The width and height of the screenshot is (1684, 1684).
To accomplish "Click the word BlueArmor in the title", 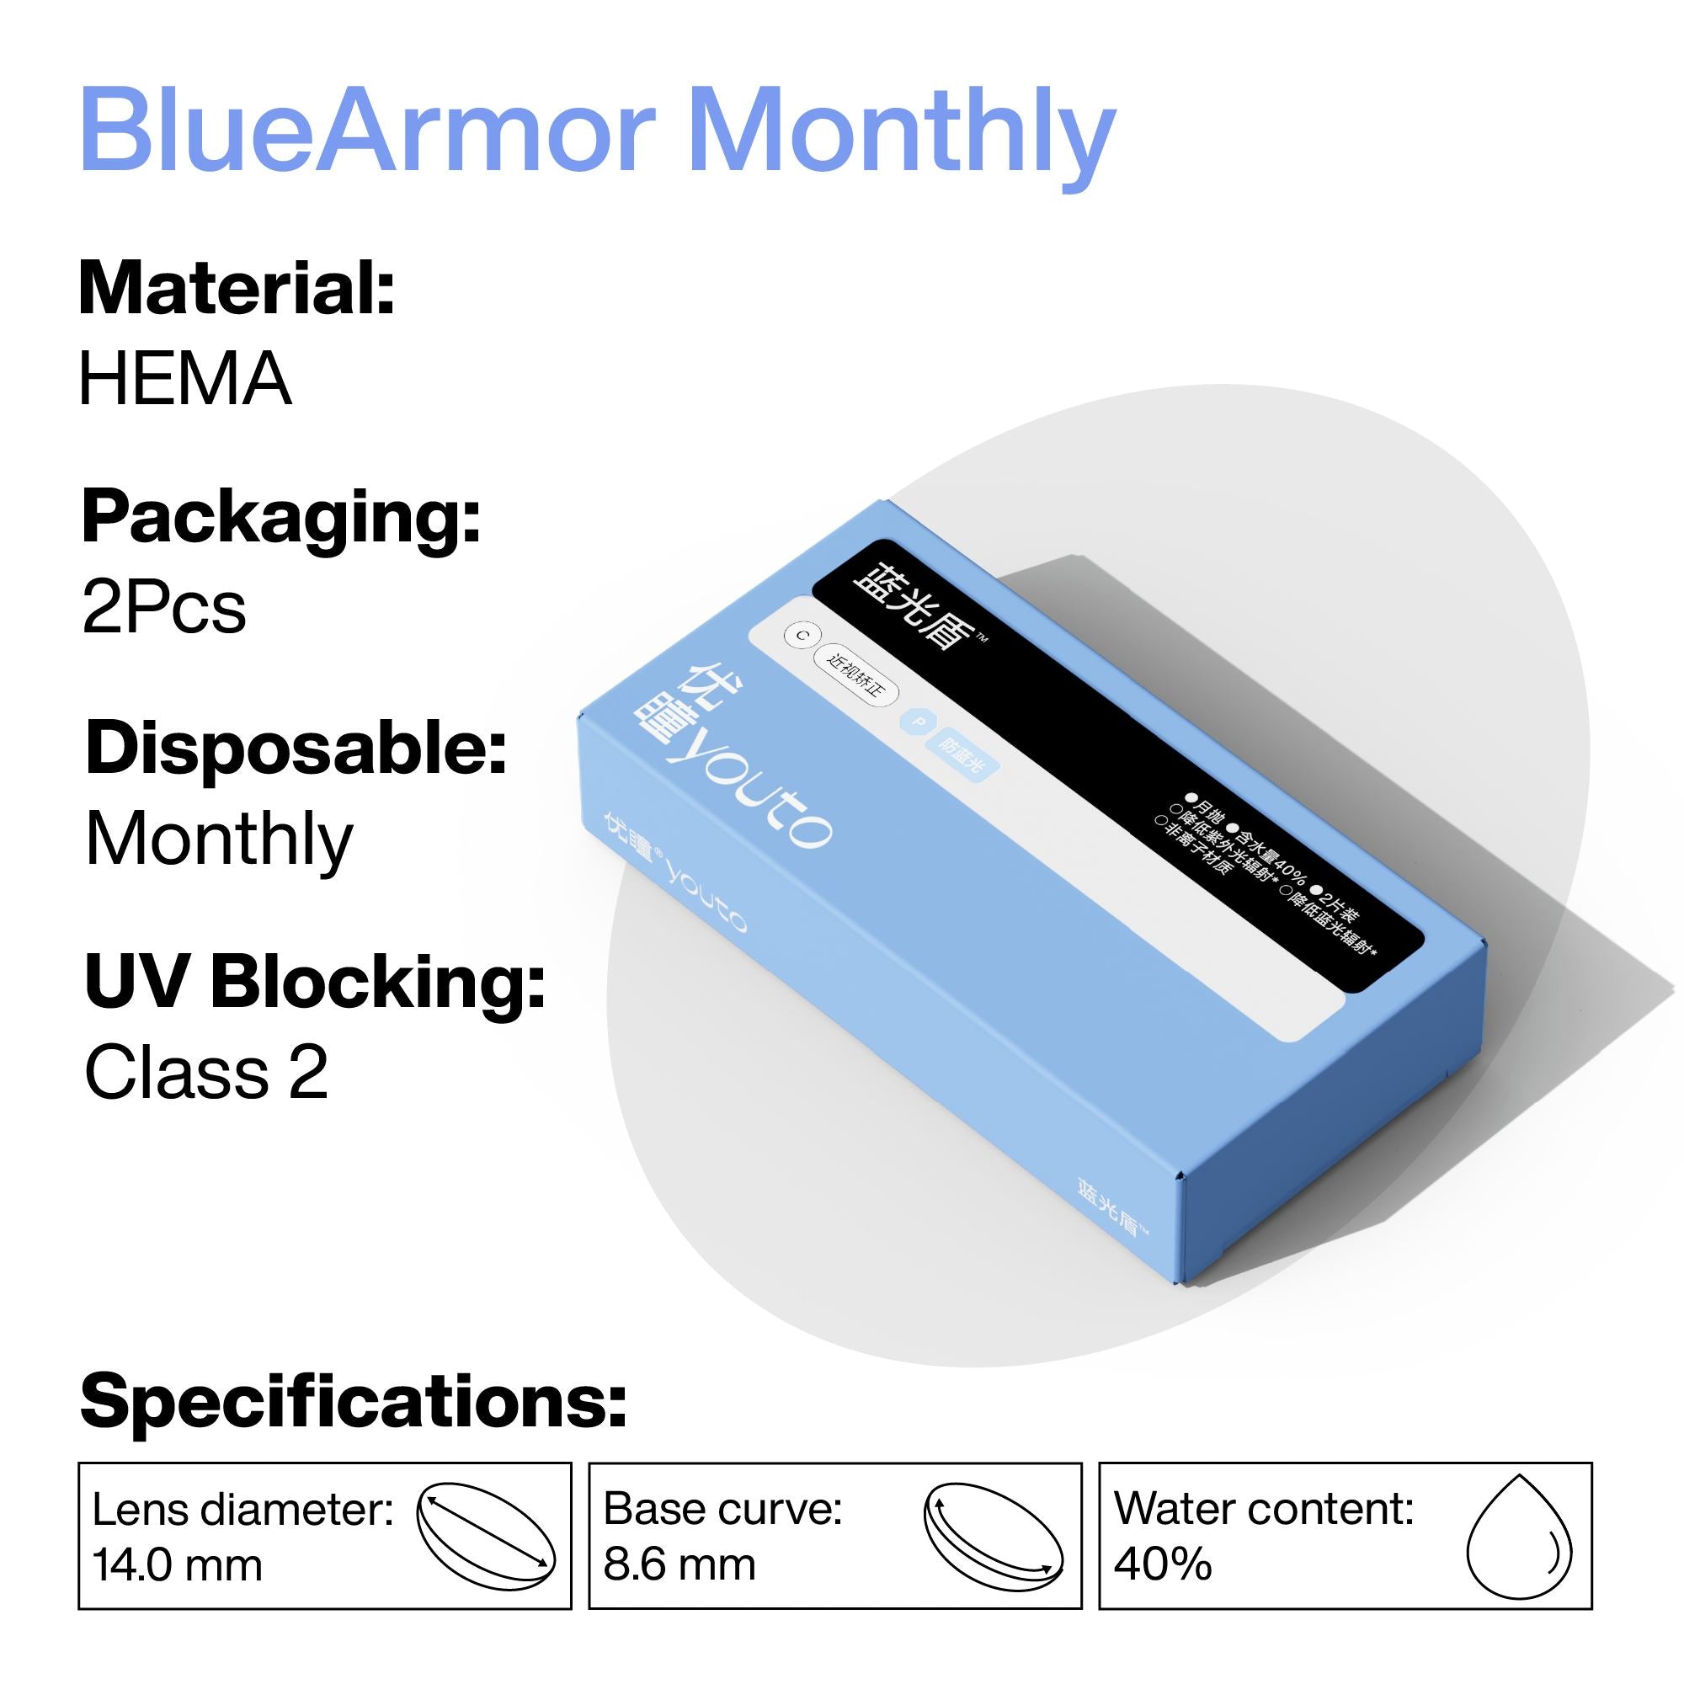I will (366, 131).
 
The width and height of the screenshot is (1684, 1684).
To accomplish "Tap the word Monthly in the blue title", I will (902, 135).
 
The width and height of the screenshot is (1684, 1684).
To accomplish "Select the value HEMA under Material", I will (184, 379).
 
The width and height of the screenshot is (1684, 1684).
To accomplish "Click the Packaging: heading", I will (280, 520).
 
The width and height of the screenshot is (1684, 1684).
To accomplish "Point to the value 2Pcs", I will (164, 609).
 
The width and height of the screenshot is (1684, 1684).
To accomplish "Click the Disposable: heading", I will (296, 749).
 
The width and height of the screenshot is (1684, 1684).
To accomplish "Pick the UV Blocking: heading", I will (315, 983).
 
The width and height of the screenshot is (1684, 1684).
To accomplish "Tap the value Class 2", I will (205, 1072).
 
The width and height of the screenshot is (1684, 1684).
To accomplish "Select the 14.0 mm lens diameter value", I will (177, 1564).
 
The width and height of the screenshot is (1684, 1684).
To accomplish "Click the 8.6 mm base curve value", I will (679, 1564).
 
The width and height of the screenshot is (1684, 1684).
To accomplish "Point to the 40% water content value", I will (1163, 1564).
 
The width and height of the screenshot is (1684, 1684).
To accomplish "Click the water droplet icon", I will (1519, 1536).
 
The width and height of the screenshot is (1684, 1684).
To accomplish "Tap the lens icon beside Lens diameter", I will (486, 1536).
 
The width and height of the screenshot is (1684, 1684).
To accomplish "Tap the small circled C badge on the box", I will (801, 636).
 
